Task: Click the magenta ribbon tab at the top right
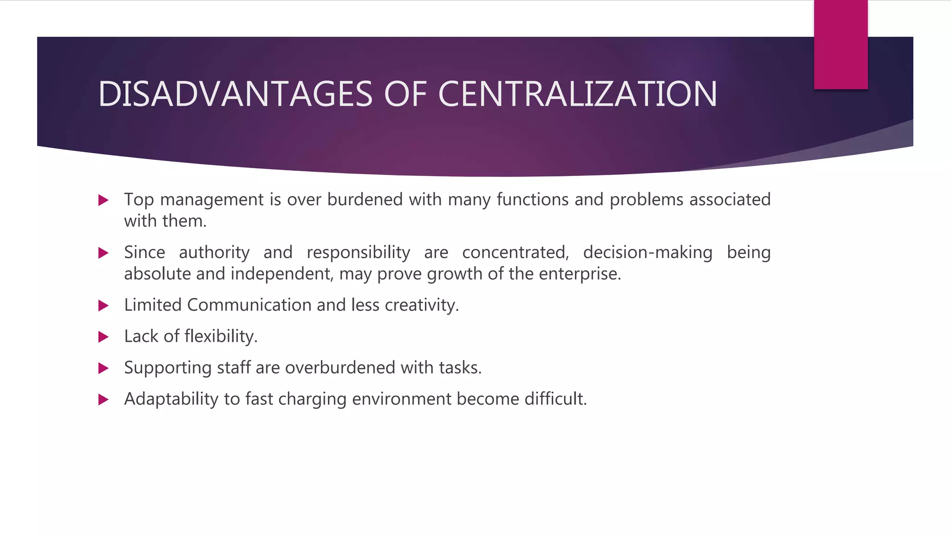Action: [840, 45]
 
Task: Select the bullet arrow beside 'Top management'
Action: [104, 201]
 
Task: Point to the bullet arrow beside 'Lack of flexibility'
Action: [104, 337]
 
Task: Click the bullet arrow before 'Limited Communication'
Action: [104, 306]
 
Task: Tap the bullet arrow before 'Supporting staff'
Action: [104, 369]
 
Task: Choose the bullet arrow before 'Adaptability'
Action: [104, 400]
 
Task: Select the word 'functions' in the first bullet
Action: [533, 200]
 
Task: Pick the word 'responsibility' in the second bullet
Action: [358, 253]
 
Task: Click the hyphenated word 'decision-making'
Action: [648, 253]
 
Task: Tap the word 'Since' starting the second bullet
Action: [144, 253]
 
